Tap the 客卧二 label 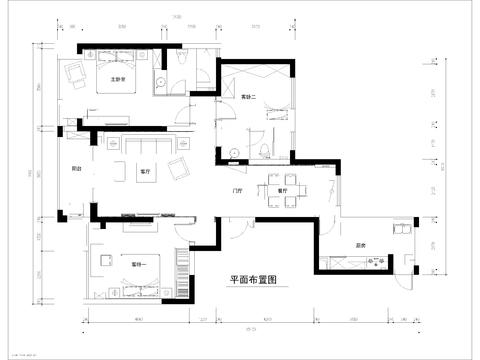[249, 97]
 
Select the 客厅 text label [145, 171]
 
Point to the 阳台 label [76, 169]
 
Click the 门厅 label [238, 187]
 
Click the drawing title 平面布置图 [251, 281]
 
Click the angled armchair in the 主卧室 [74, 74]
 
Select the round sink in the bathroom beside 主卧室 [161, 81]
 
